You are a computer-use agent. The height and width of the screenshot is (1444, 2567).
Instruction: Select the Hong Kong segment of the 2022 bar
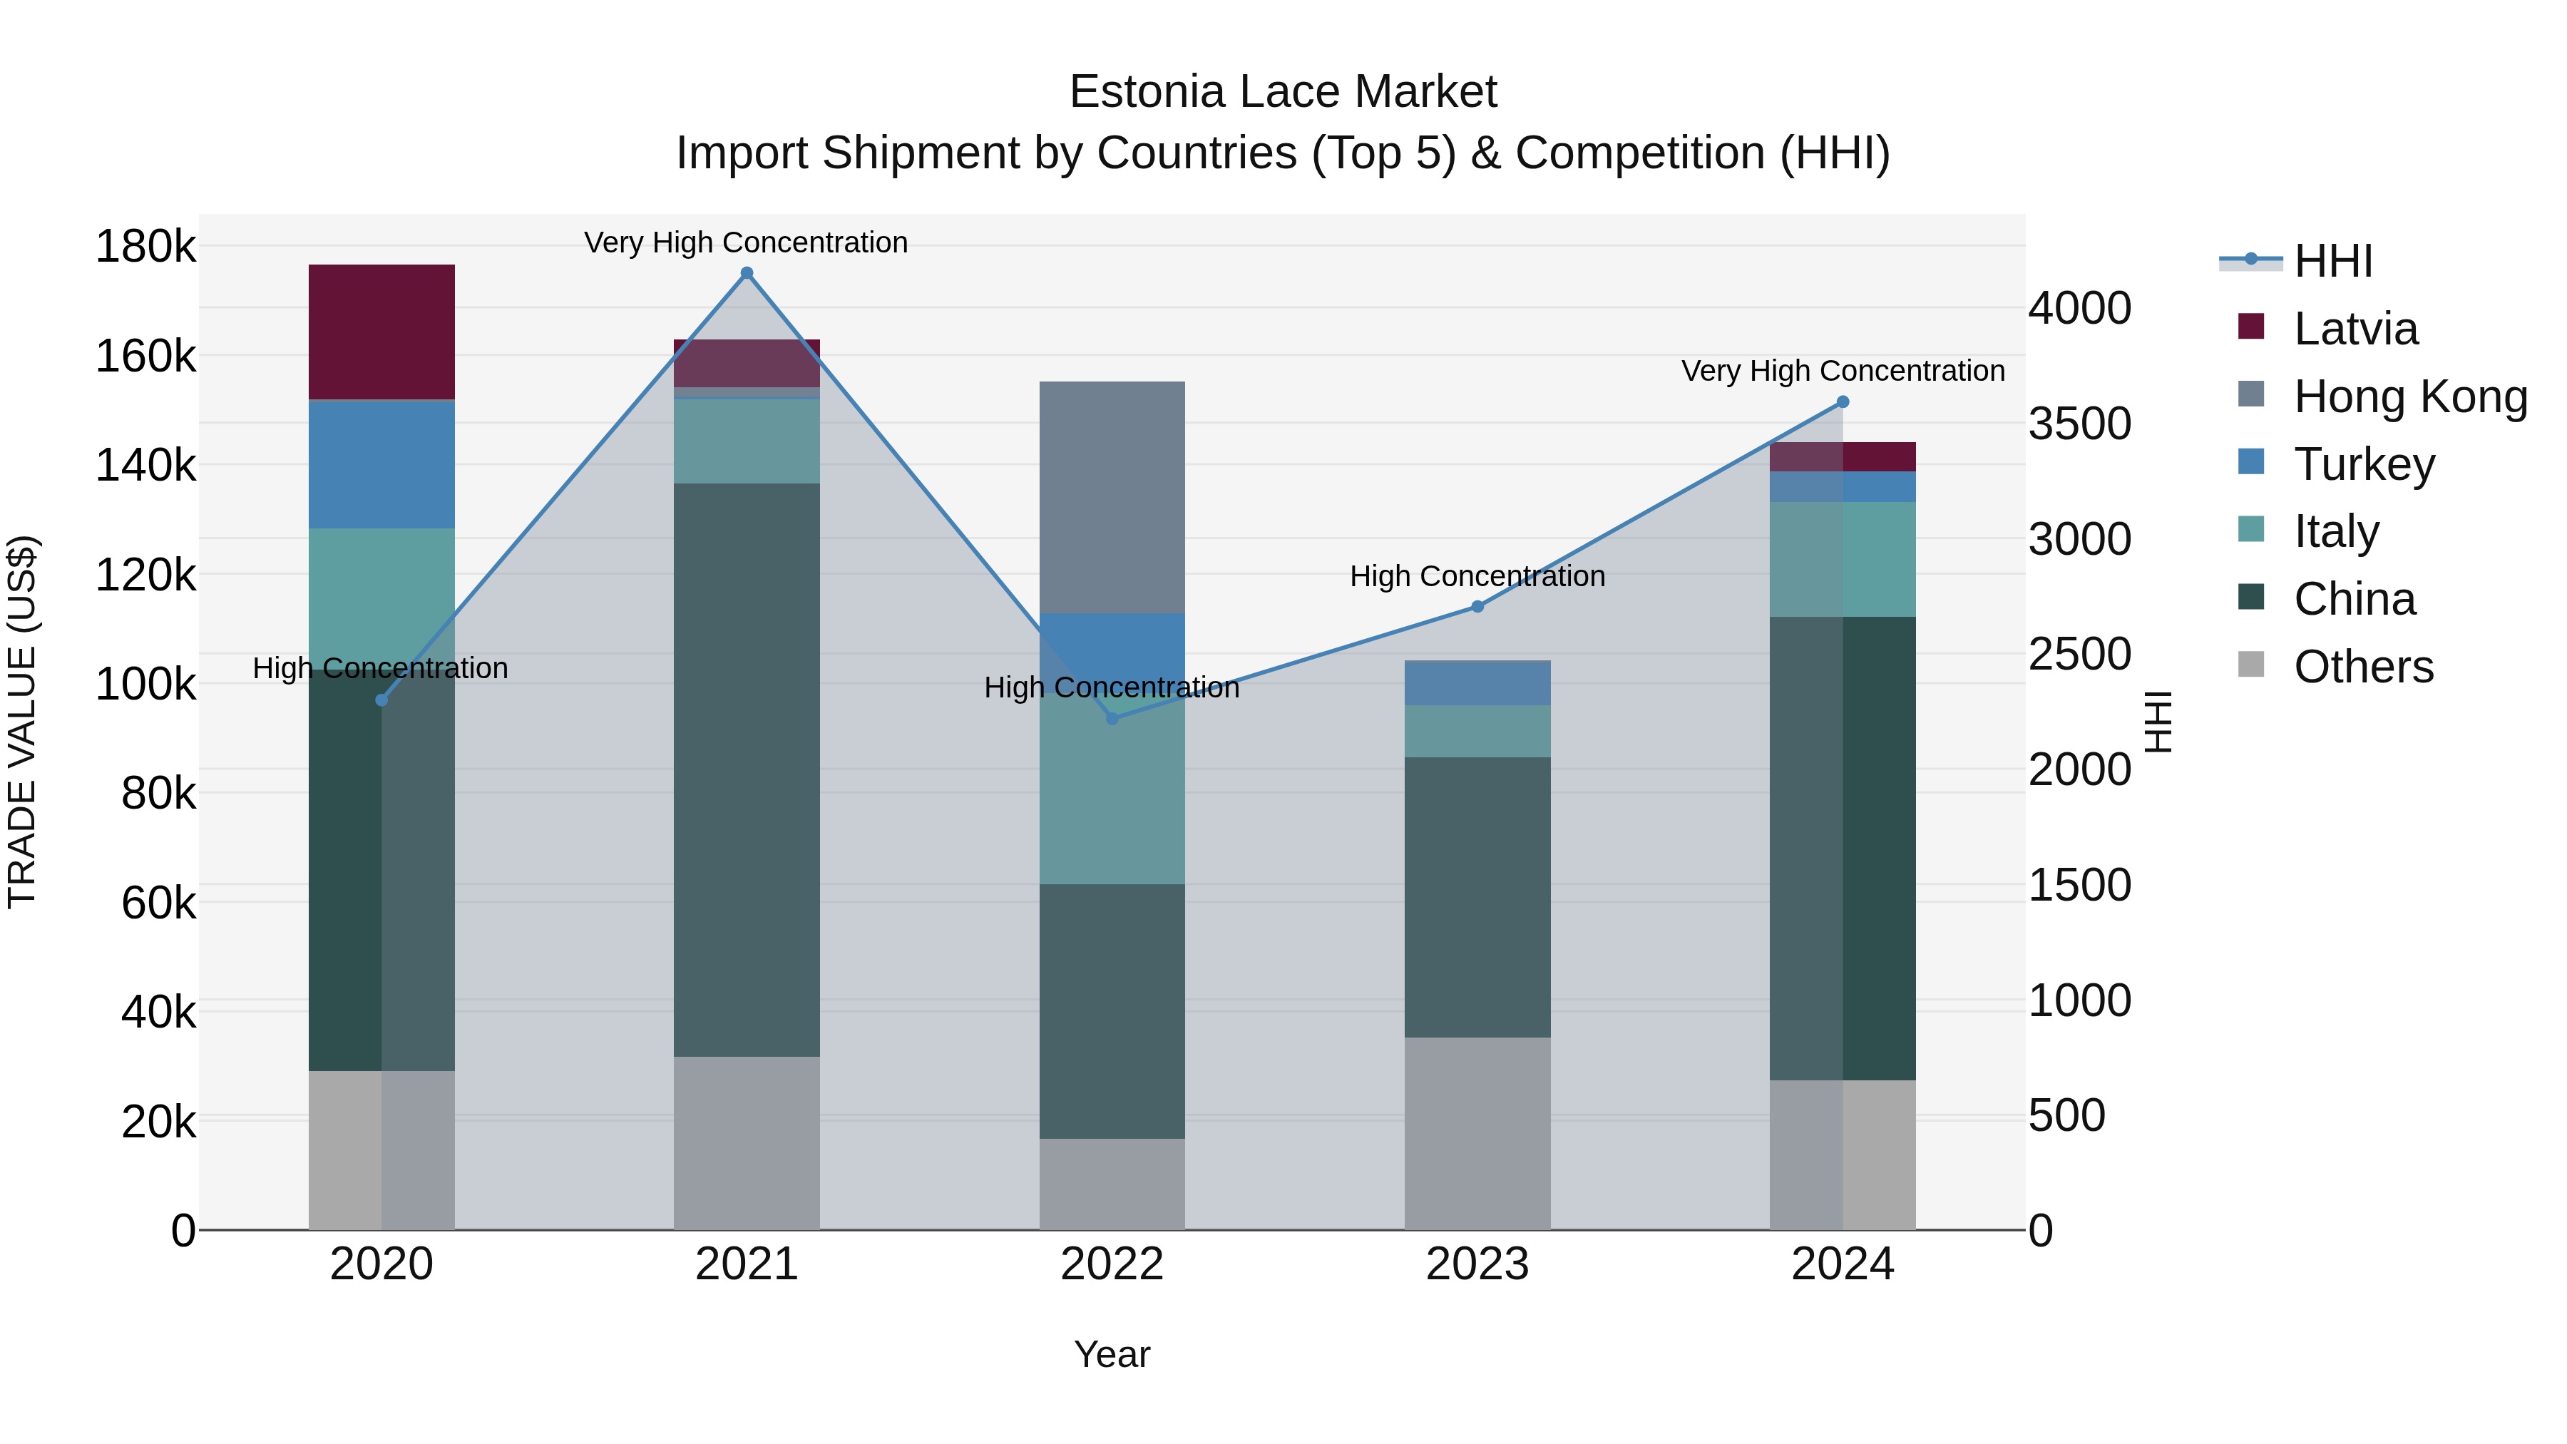(1112, 496)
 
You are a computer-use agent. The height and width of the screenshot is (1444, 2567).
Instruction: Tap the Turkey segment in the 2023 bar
(1478, 682)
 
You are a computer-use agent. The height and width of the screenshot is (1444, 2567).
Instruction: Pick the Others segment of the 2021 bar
(747, 1143)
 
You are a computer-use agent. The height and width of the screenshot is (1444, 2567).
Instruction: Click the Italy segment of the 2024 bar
(1843, 559)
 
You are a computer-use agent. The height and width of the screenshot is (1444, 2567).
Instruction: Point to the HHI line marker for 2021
(747, 273)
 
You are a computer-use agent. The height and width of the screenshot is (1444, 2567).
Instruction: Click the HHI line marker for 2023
(1478, 606)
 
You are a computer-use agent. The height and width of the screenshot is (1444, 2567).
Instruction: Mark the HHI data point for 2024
(1843, 401)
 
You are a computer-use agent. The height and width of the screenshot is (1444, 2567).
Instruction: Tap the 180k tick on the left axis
(145, 246)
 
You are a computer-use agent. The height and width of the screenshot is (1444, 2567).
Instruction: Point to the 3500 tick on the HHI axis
(2080, 424)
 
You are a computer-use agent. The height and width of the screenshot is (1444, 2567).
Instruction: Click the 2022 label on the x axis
(1112, 1264)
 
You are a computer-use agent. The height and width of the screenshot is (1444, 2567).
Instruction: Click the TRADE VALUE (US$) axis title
(22, 722)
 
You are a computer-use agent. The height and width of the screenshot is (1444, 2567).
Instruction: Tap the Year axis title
(1112, 1354)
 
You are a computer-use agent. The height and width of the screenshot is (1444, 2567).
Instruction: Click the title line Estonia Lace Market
(1283, 92)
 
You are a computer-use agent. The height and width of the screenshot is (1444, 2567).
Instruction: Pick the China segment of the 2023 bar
(1478, 897)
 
